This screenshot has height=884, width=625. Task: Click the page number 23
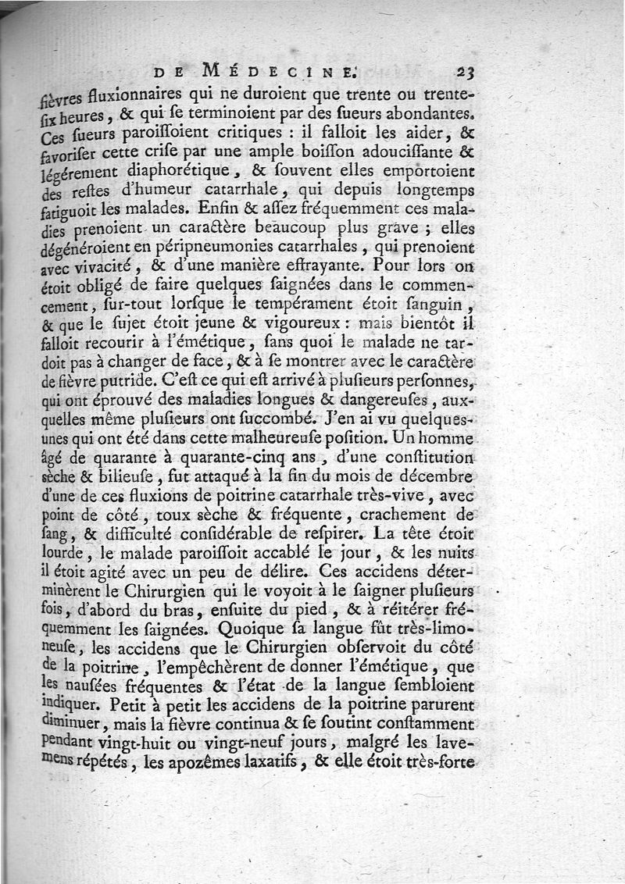[x=467, y=72]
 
